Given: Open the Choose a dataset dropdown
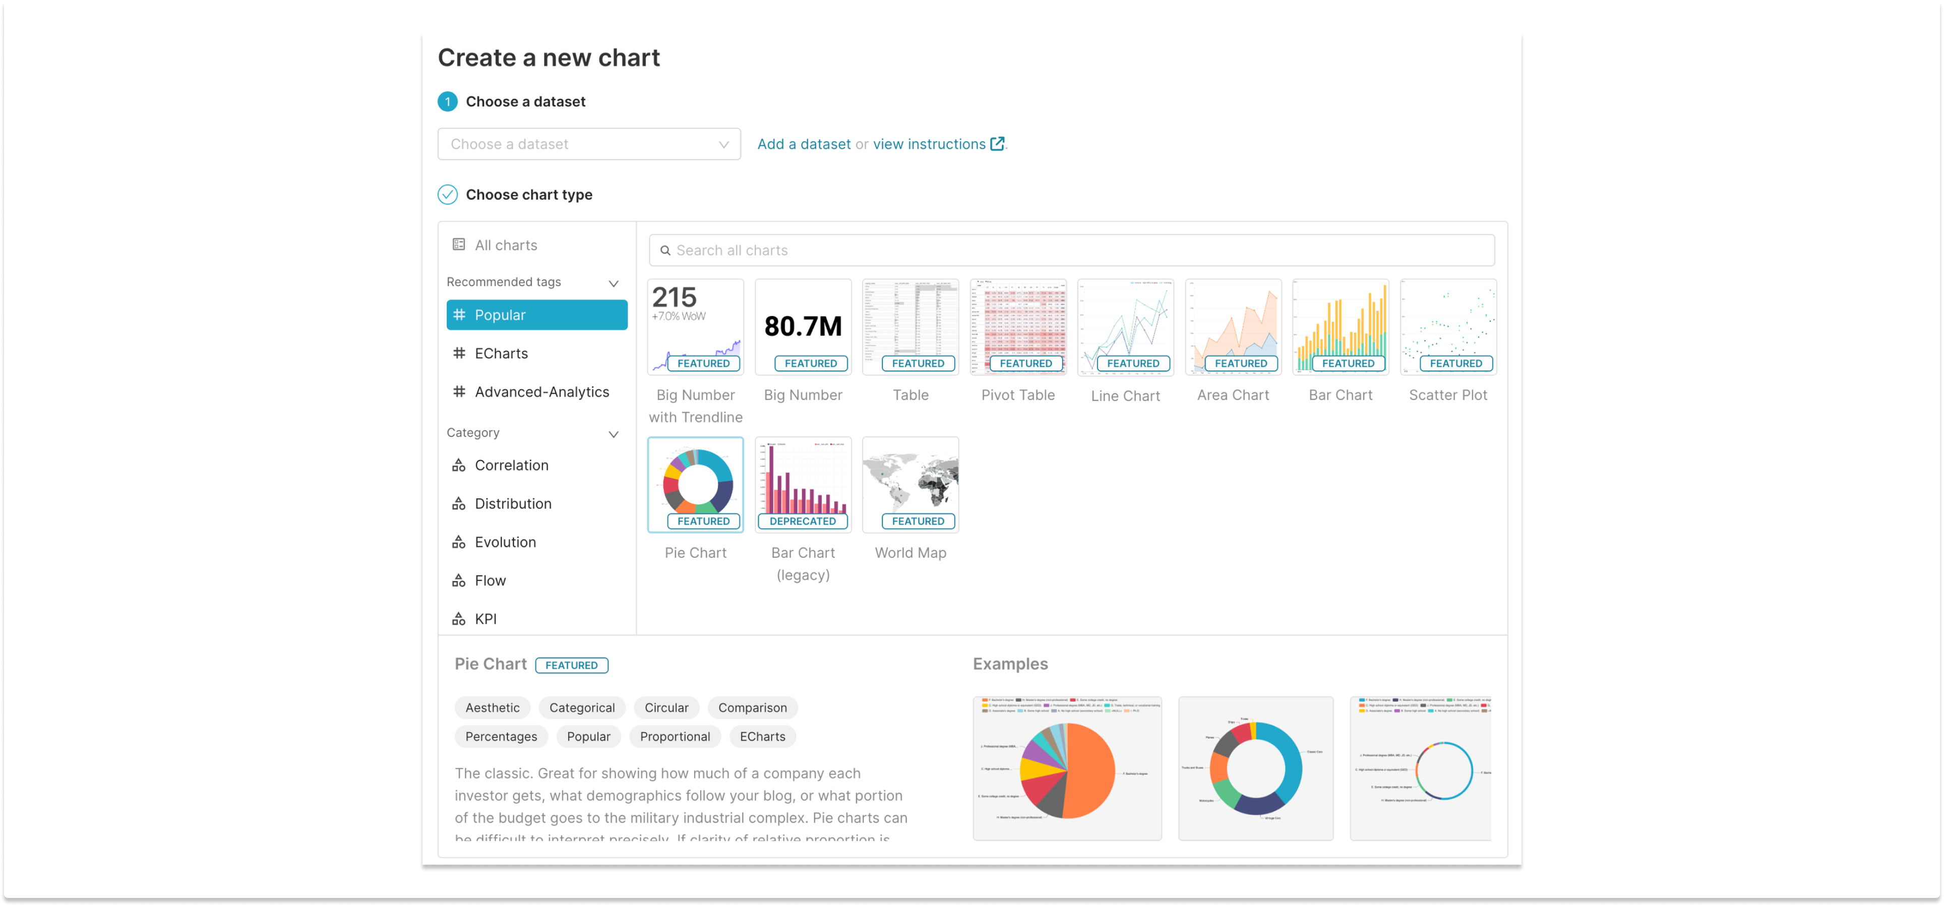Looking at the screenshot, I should tap(589, 144).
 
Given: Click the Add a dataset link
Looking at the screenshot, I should tap(804, 144).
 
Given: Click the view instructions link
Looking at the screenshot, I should tap(929, 144).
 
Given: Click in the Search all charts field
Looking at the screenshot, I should tap(1072, 250).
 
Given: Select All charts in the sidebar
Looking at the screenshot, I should tap(506, 245).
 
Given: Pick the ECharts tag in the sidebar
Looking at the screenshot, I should tap(501, 354).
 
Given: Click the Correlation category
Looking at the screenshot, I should tap(511, 466).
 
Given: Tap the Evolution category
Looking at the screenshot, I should tap(505, 542).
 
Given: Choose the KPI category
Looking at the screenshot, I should tap(485, 619).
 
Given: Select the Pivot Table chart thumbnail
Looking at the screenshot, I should tap(1018, 327).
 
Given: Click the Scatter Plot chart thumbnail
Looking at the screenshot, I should tap(1447, 327).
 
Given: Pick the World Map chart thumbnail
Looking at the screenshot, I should tap(910, 484).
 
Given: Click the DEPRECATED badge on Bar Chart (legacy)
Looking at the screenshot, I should tap(802, 521).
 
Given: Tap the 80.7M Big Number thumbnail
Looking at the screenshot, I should tap(803, 327).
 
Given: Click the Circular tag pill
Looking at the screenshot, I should tap(666, 707).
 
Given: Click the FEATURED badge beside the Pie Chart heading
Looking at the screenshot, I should tap(571, 665).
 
